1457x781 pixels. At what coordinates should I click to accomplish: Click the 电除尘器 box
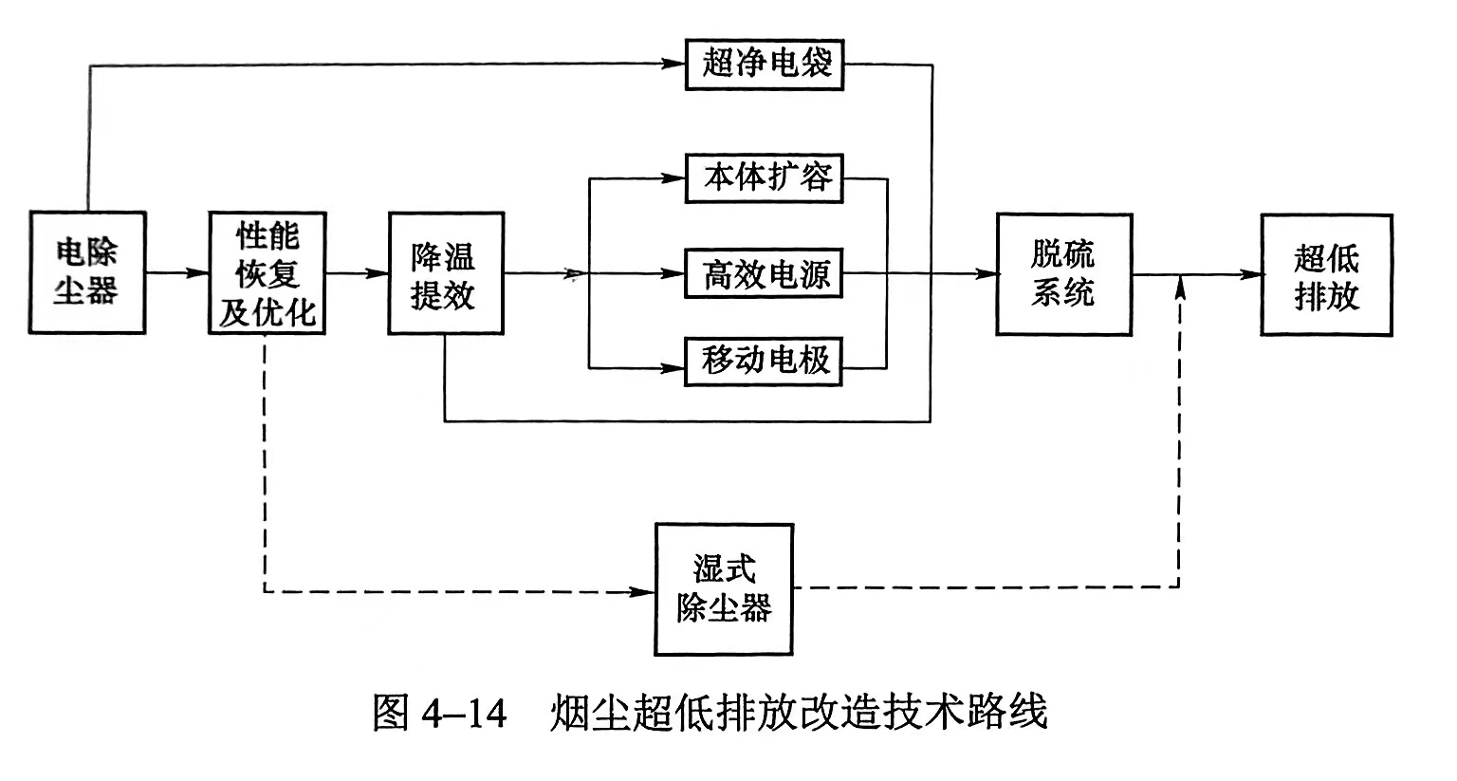(86, 272)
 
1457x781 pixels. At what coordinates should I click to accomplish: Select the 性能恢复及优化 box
(267, 272)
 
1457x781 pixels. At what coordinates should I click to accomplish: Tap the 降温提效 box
(446, 273)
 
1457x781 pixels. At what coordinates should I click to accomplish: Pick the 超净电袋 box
(765, 65)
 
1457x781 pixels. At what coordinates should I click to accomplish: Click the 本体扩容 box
(764, 177)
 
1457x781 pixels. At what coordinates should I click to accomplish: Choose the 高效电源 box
(764, 273)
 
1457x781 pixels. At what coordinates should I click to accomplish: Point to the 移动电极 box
(764, 361)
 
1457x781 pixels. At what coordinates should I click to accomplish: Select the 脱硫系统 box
(1063, 273)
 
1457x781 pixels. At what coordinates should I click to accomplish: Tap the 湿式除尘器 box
(724, 589)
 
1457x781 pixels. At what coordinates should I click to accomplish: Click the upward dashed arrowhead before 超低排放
(1179, 288)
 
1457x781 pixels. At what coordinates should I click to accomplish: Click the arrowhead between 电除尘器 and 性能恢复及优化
(197, 273)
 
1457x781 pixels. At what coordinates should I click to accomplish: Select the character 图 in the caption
(391, 712)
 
